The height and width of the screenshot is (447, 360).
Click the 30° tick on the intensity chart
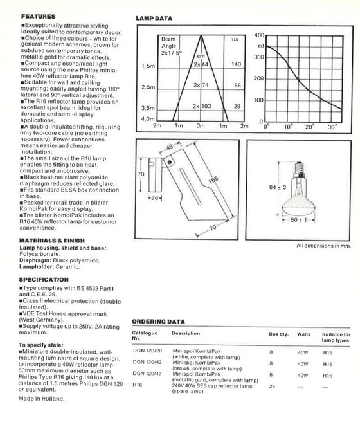(332, 127)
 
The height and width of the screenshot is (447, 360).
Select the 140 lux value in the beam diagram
(236, 65)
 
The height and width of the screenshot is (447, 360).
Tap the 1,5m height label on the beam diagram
(148, 66)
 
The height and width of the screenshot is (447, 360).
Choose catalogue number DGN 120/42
(147, 362)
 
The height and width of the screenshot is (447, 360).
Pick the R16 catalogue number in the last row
(138, 385)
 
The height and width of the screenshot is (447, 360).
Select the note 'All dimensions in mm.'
(323, 246)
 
